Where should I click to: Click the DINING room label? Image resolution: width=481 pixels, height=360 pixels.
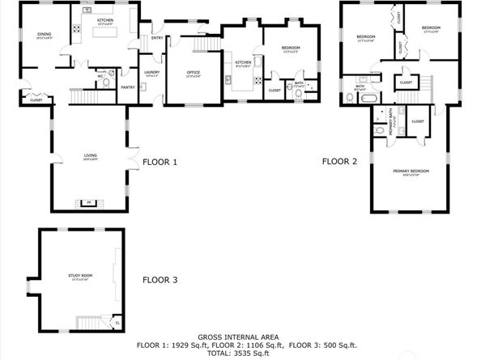[44, 34]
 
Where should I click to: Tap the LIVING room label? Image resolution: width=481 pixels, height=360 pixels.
[91, 155]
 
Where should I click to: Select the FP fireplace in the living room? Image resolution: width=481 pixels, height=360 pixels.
[90, 203]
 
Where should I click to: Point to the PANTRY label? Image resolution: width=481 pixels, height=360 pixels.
[127, 87]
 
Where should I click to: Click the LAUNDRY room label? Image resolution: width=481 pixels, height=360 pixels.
[151, 73]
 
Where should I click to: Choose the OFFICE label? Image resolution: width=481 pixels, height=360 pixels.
[193, 73]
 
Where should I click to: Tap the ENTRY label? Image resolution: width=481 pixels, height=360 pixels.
[156, 36]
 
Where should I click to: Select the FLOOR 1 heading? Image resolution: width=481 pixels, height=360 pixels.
[160, 162]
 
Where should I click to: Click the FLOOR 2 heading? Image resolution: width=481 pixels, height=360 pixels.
[339, 161]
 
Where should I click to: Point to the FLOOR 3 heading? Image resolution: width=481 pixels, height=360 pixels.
[160, 280]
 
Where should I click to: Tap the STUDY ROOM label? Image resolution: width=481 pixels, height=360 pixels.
[80, 275]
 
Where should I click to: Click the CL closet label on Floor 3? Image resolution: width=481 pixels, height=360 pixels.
[117, 322]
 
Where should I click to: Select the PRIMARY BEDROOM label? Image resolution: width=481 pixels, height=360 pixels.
[411, 171]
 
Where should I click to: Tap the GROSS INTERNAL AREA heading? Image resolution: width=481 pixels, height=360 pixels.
[240, 337]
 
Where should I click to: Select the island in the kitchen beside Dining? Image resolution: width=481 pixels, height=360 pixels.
[104, 32]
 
